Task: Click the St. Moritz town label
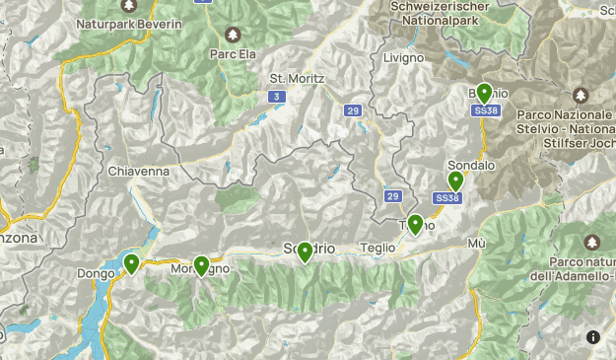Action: point(297,77)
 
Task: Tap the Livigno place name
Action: point(403,57)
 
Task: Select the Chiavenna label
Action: point(139,171)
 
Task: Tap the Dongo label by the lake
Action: point(96,274)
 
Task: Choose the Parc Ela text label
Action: point(233,55)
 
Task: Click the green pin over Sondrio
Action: point(306,252)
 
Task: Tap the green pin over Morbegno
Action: point(202,265)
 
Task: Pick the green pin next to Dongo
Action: point(131,263)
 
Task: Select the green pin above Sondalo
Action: point(455,180)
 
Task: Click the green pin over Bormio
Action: point(484,94)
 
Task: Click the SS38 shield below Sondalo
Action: point(446,198)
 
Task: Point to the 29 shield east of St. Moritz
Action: point(353,111)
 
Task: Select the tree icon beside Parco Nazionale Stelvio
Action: point(580,95)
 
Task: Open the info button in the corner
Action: point(593,337)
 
